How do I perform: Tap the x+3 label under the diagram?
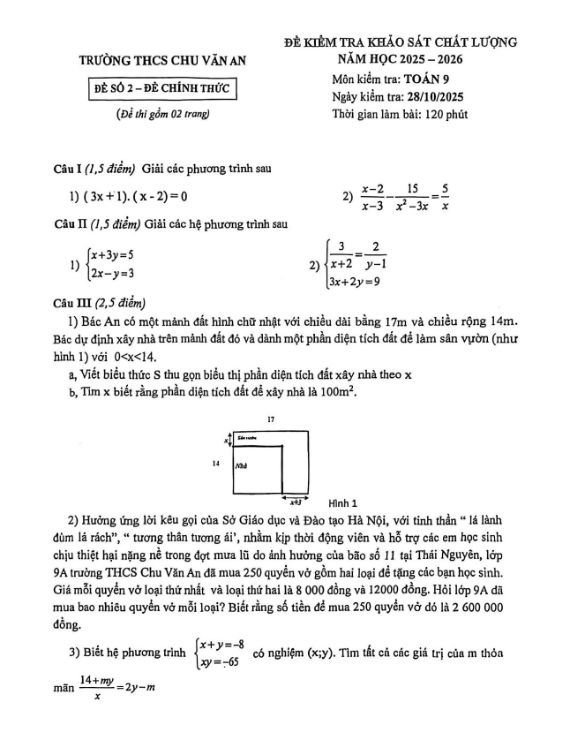coord(294,500)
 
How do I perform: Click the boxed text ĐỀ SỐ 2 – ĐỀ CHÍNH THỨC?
coord(165,90)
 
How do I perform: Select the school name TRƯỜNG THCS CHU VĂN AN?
coord(164,62)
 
